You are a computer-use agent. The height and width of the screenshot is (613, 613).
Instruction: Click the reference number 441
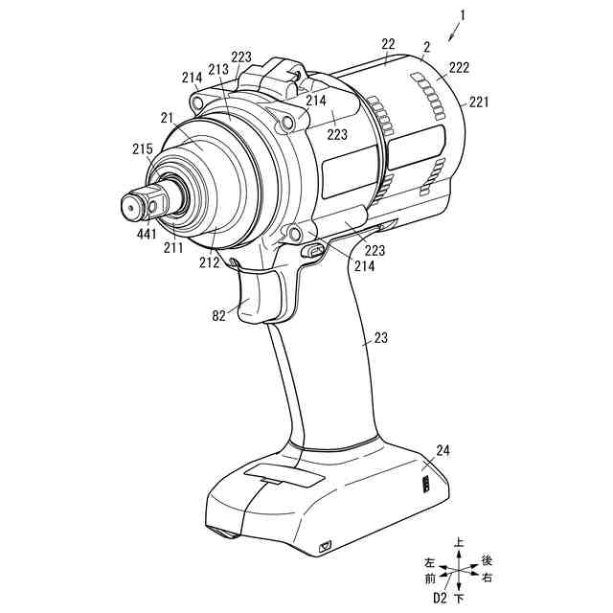pos(148,233)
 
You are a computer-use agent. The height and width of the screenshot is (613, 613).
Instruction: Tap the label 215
pos(142,149)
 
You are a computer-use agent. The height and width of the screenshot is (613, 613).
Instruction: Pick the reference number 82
pos(219,314)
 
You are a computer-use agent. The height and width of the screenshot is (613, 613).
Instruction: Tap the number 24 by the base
pos(443,450)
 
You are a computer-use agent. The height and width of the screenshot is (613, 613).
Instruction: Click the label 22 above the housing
pos(388,45)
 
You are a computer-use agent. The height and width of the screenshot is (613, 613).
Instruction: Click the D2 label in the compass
pos(441,599)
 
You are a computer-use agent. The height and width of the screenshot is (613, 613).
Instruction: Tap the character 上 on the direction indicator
pos(460,542)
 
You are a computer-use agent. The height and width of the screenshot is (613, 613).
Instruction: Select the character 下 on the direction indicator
pos(460,599)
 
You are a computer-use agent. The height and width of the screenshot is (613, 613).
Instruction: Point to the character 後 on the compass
pos(487,560)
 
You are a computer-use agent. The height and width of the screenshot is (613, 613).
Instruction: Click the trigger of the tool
pos(259,297)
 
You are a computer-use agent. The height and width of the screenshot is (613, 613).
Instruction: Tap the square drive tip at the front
pos(132,203)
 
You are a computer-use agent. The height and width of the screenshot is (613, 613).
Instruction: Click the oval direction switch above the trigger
pos(313,250)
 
